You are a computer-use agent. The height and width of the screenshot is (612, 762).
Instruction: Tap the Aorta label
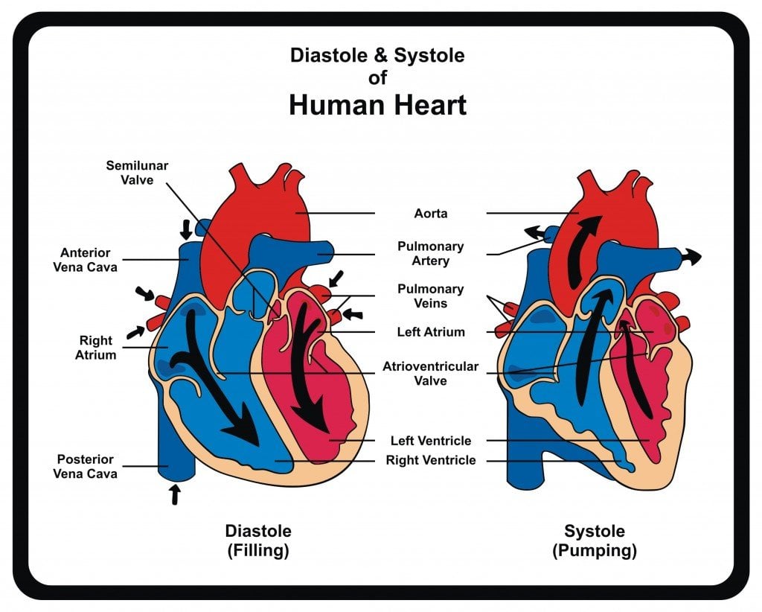(x=431, y=214)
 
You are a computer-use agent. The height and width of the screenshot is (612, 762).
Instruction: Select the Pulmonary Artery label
(x=431, y=253)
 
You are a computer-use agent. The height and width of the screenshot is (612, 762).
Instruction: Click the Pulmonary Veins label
(x=431, y=296)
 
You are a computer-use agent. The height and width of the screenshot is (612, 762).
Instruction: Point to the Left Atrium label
(x=431, y=332)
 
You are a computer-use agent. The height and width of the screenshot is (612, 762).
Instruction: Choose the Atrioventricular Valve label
(x=431, y=374)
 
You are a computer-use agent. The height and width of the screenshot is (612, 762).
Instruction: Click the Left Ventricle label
(x=431, y=441)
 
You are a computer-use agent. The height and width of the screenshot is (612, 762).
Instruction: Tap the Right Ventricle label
(x=431, y=460)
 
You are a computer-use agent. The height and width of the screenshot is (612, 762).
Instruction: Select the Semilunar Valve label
(x=136, y=172)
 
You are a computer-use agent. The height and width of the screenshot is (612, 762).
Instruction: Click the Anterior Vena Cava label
(x=86, y=260)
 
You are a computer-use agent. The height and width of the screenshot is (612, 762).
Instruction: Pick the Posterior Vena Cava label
(x=86, y=466)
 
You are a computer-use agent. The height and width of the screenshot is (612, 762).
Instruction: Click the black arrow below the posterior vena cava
(x=175, y=494)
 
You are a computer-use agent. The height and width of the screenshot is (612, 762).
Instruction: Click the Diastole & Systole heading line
(x=377, y=55)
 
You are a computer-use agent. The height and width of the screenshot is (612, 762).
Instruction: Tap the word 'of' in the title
(x=377, y=77)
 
